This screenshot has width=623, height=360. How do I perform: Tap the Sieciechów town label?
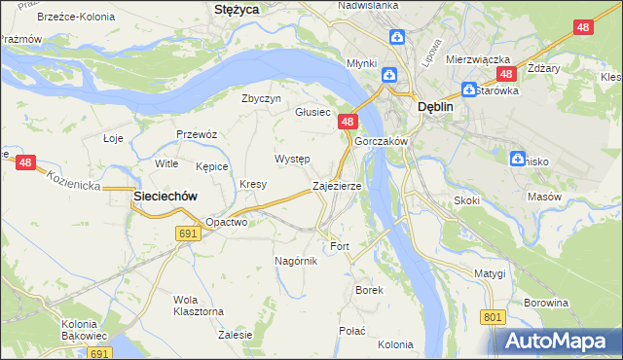tap(165, 196)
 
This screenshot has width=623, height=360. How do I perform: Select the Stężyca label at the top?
tap(236, 10)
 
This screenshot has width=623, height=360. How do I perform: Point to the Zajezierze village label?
tap(337, 185)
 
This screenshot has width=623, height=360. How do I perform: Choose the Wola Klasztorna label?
tap(199, 305)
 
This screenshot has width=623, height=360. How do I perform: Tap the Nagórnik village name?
tap(297, 261)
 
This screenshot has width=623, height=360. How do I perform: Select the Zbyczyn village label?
tap(261, 98)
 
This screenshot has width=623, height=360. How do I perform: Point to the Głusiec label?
tap(313, 112)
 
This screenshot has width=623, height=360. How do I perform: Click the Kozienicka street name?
tap(72, 178)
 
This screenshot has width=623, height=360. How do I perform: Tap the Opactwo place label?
tap(227, 222)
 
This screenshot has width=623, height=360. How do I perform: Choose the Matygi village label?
tap(491, 273)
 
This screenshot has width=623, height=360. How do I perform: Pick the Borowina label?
tap(545, 303)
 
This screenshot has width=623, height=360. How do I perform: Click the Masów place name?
tap(544, 197)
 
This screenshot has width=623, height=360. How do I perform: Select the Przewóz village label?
tap(196, 134)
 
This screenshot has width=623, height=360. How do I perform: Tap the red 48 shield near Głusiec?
tap(348, 122)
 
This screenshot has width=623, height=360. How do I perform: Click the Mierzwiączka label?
tap(473, 58)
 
